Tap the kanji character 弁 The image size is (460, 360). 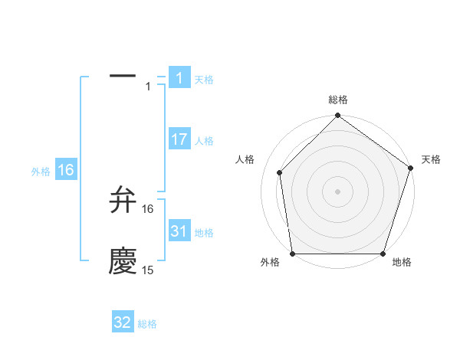coord(123,201)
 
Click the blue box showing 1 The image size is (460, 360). coord(179,77)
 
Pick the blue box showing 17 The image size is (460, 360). coord(179,139)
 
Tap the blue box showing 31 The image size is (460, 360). coord(179,231)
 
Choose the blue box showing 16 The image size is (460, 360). coord(65,170)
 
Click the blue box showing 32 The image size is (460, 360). coord(123,322)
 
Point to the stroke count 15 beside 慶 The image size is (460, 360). coord(148,270)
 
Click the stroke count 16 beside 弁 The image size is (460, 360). coord(148,208)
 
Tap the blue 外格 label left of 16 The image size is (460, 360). coord(41,172)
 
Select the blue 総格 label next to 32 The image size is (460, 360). coord(147,324)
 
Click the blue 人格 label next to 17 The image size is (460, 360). coord(204,141)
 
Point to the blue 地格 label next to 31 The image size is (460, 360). coord(204,233)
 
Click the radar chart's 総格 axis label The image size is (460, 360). coord(338,100)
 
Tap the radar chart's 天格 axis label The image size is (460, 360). coord(431,159)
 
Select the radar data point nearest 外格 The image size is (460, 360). coord(292,254)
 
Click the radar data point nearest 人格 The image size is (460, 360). coord(279,172)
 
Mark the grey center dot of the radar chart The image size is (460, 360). coord(337,191)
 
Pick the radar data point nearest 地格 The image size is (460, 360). coord(383,254)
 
